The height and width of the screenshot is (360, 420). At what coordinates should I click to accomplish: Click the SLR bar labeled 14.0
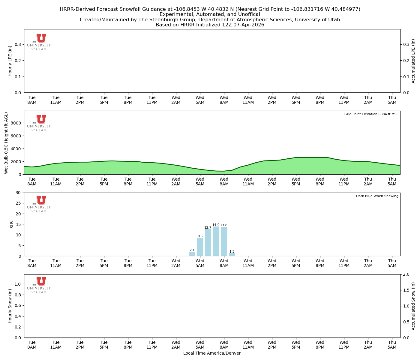pos(216,241)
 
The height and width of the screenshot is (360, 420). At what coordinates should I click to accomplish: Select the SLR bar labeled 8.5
pos(200,247)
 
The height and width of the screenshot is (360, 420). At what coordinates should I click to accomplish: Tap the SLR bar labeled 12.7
pos(208,242)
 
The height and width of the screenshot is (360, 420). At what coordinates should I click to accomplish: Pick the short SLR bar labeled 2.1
pos(192,254)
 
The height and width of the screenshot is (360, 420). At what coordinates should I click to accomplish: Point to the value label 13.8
pos(224,225)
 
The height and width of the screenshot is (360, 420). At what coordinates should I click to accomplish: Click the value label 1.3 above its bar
pos(232,252)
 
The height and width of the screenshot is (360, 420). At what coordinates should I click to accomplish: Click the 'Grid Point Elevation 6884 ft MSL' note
pos(371,114)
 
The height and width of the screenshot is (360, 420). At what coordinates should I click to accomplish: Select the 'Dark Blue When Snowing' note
pos(377,196)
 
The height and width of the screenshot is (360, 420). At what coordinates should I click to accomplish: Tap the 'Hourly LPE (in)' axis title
pos(10,61)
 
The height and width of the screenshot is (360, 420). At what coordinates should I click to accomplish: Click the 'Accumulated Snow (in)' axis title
pos(413,306)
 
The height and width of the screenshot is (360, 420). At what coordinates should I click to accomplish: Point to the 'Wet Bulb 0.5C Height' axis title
pos(6,143)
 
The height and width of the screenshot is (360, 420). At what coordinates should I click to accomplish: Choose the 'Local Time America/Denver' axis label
pos(212,353)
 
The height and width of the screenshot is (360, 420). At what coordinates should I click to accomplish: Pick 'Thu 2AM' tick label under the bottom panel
pos(368,344)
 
